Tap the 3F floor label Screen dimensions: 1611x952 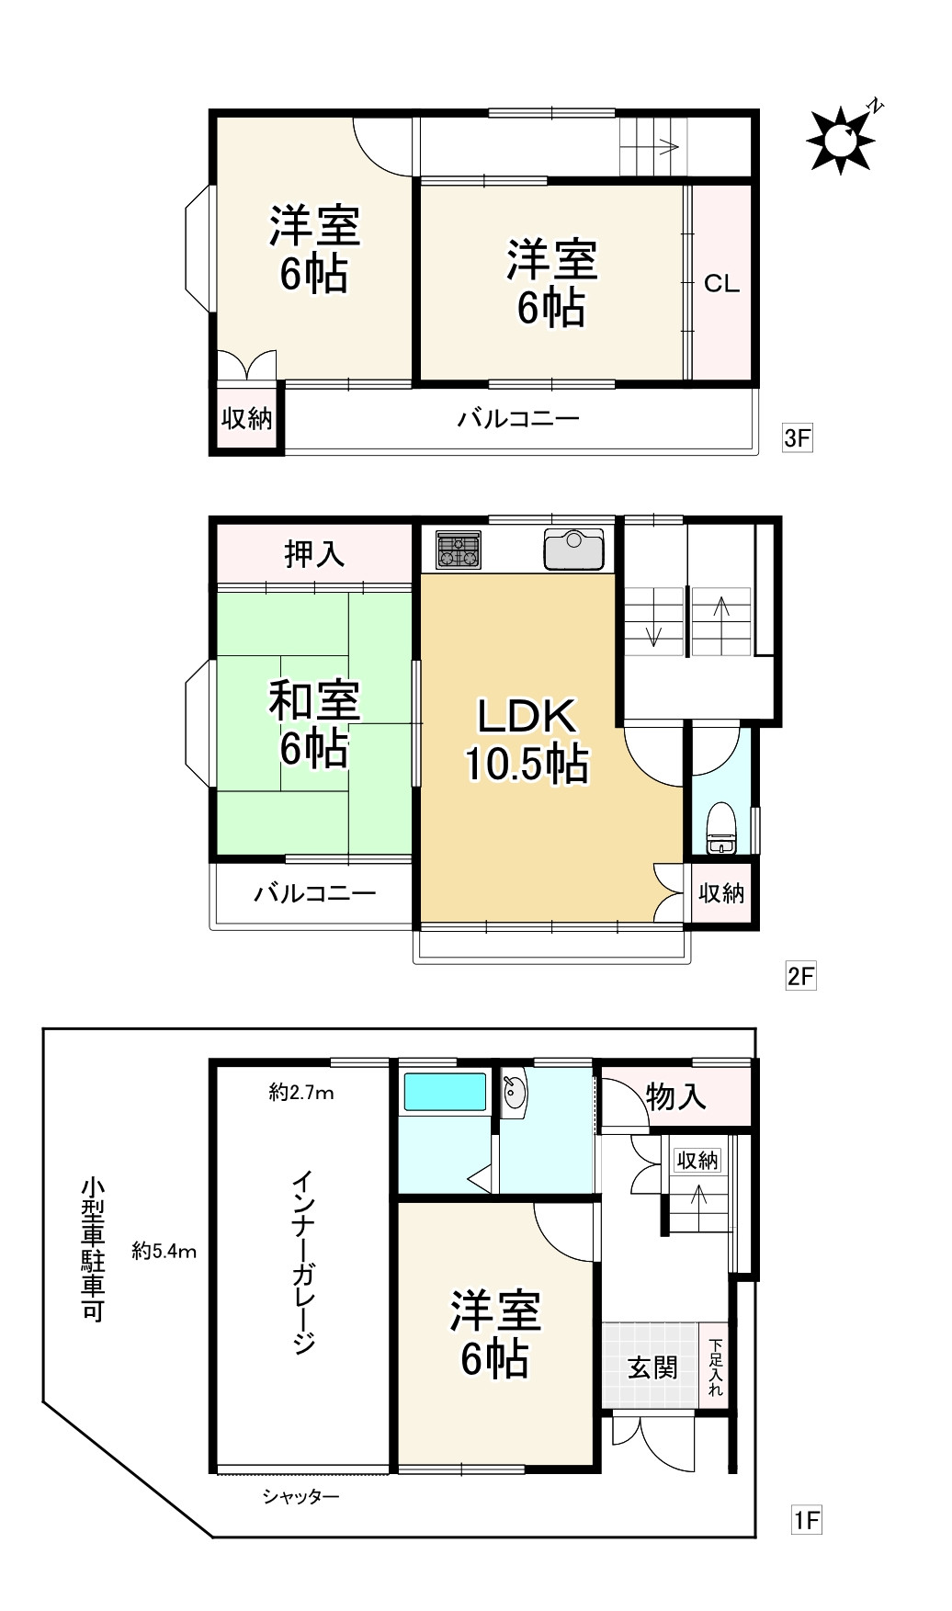(x=797, y=437)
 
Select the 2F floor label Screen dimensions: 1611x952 (x=800, y=975)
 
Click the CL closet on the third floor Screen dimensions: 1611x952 (x=721, y=283)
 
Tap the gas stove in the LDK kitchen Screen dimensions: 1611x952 (x=459, y=550)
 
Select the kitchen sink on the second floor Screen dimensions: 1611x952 (x=574, y=550)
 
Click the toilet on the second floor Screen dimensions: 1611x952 (x=722, y=827)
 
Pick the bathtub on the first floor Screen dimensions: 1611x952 (x=445, y=1092)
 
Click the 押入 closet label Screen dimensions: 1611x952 (x=314, y=554)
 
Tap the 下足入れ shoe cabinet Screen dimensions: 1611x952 (x=716, y=1367)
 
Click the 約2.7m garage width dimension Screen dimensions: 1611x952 (x=301, y=1093)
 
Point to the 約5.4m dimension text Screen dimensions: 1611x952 (x=164, y=1251)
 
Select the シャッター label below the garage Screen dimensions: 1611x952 (x=301, y=1498)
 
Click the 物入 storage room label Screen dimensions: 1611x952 (x=676, y=1096)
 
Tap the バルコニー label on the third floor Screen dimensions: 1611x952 (x=519, y=420)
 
